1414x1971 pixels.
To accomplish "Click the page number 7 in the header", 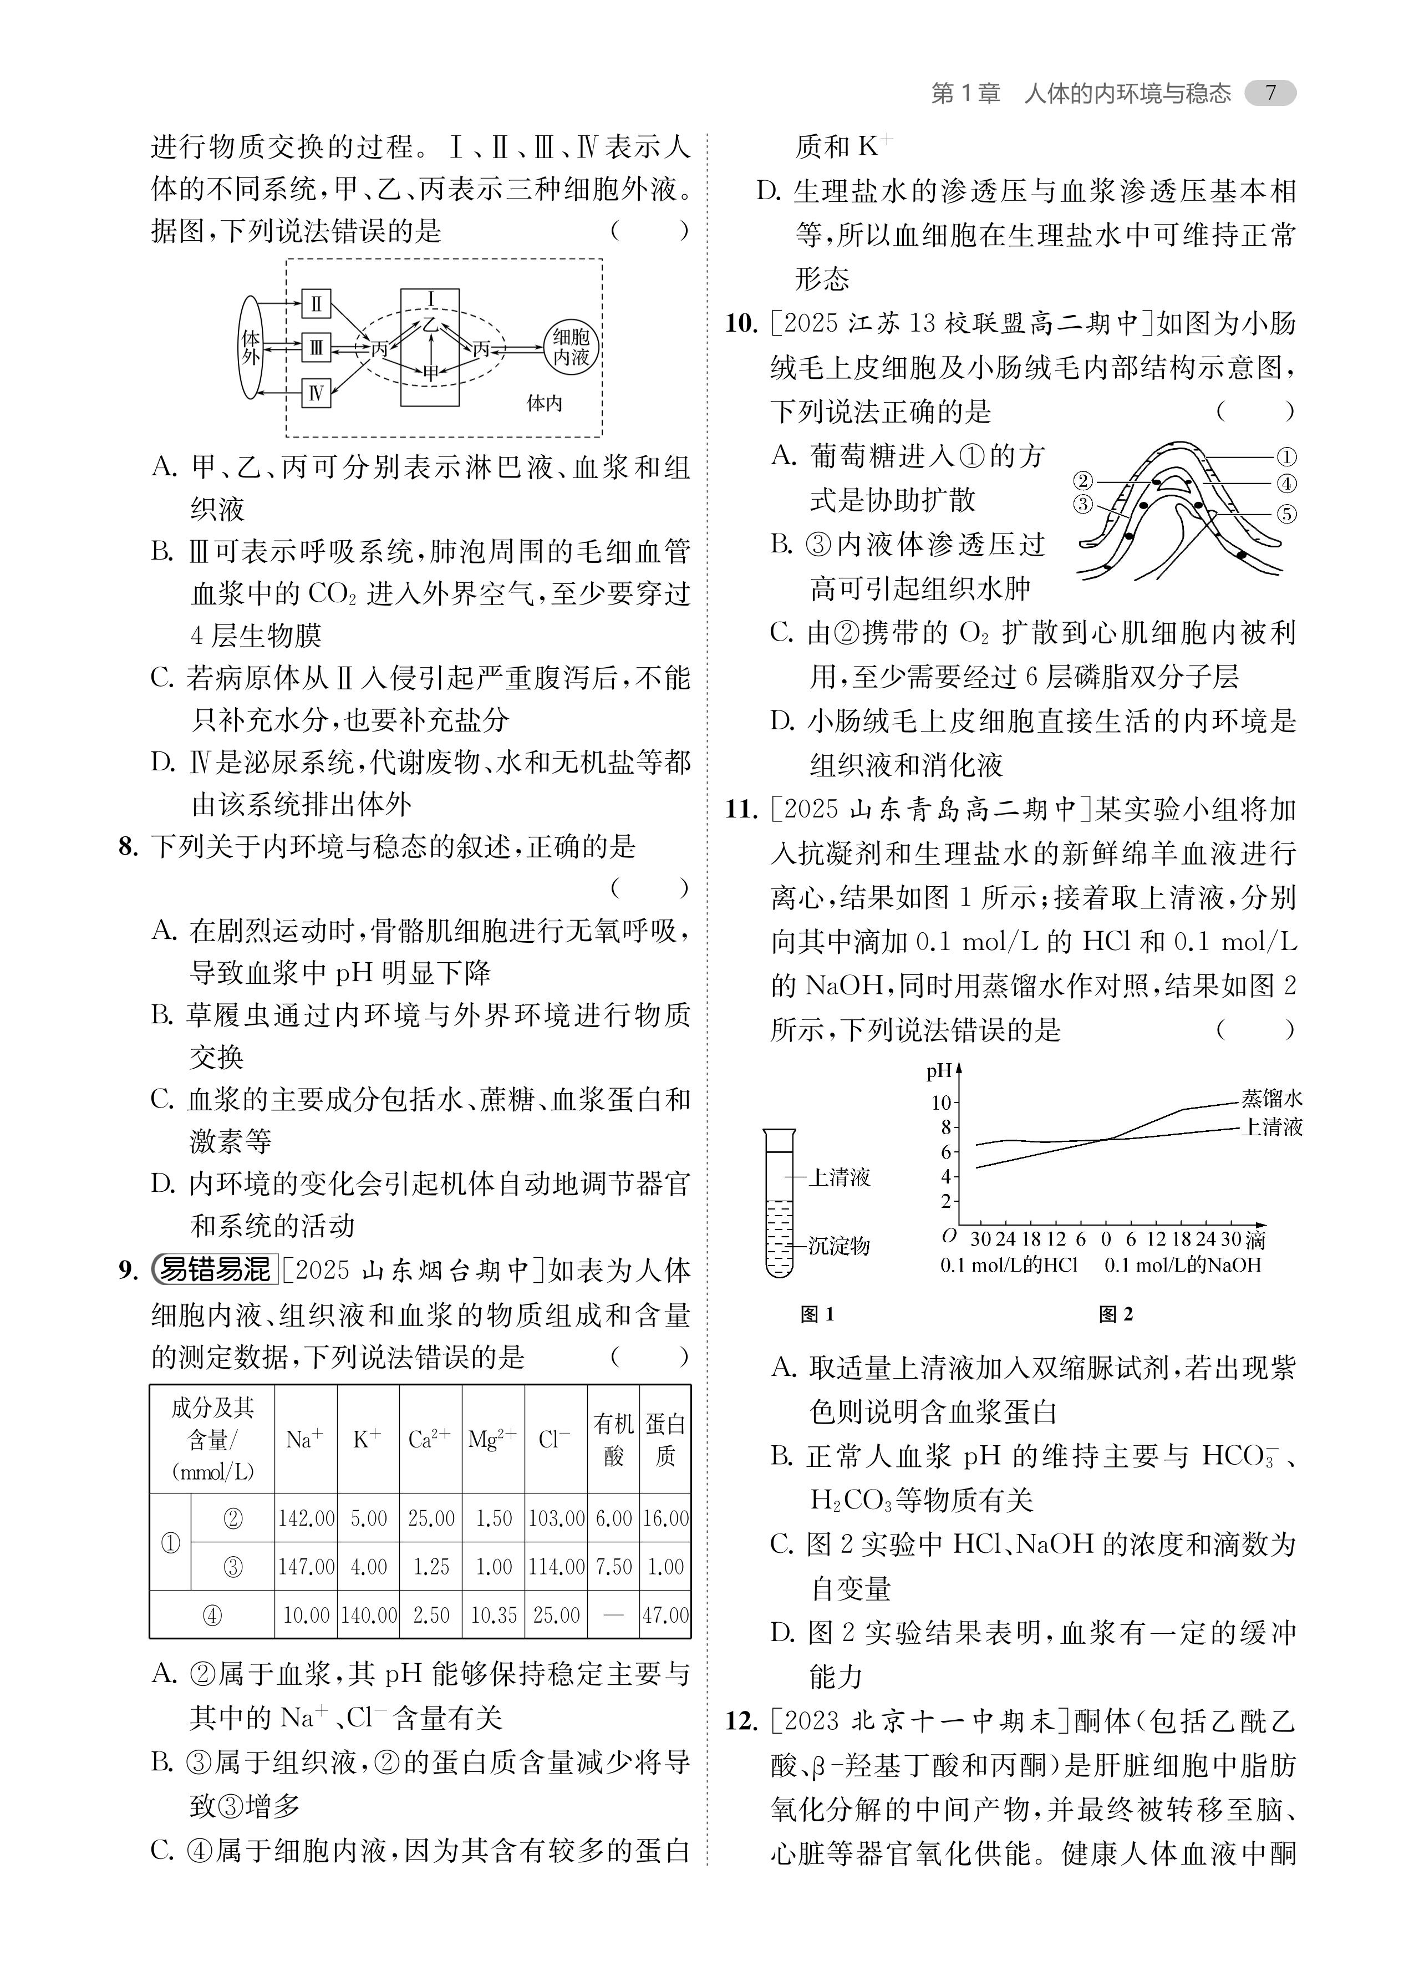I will click(x=1270, y=93).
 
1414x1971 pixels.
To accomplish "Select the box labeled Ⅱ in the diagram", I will click(x=316, y=304).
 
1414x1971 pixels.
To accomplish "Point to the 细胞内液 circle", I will click(x=571, y=347).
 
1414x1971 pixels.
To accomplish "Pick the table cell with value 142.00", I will click(x=306, y=1518).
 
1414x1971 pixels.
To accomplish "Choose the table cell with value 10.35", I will click(x=494, y=1616).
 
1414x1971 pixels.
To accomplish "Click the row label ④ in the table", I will click(x=212, y=1616).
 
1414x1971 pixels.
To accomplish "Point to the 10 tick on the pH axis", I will click(x=941, y=1103).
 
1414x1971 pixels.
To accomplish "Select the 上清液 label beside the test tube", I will click(x=838, y=1177).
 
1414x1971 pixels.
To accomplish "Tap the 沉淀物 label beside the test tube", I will click(x=838, y=1246).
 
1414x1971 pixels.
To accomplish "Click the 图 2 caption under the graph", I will click(x=1116, y=1315).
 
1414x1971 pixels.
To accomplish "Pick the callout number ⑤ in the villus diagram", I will click(x=1286, y=514).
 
